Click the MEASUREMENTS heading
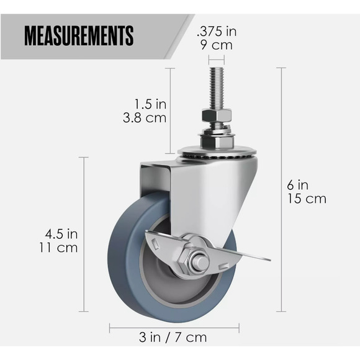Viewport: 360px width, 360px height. [x=79, y=36]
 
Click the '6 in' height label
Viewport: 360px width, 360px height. [x=297, y=184]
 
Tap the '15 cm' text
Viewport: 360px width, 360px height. [x=306, y=199]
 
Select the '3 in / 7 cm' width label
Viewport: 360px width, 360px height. [x=173, y=337]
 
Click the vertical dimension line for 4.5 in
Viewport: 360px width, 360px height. [x=84, y=236]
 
